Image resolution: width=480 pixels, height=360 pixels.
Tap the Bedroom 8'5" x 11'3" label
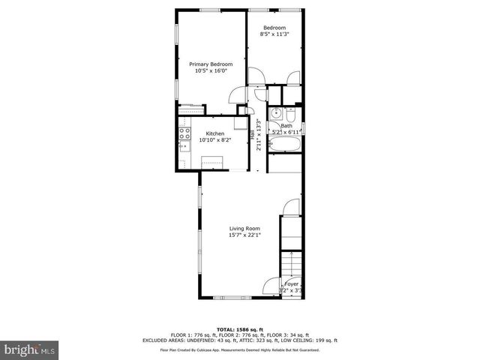pos(274,31)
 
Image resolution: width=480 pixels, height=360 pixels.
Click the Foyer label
pos(291,285)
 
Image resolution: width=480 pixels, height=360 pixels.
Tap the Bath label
pos(286,126)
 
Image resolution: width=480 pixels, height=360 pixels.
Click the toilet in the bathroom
pos(292,115)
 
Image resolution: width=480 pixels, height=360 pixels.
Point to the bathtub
pos(284,142)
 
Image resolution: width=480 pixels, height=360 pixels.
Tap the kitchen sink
pos(183,147)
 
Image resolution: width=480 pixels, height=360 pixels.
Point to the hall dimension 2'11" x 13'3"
pos(258,136)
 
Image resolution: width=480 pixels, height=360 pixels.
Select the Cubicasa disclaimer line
pos(240,349)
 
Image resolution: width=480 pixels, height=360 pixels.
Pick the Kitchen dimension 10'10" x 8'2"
pos(215,139)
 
